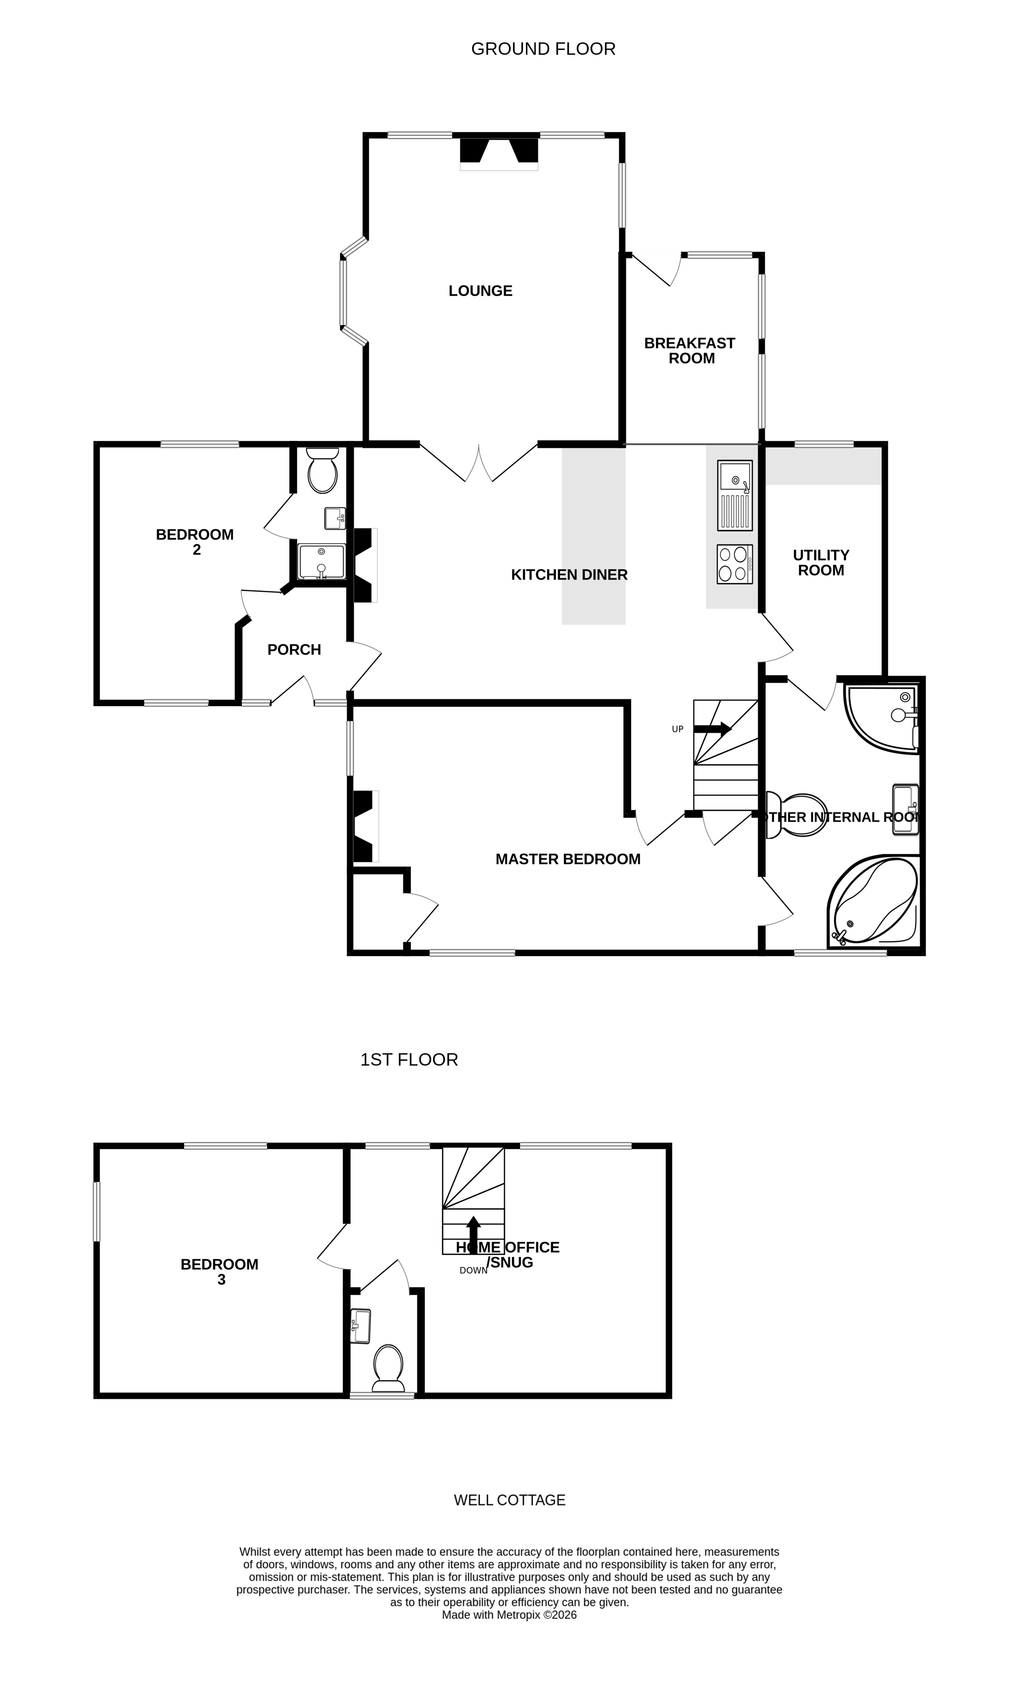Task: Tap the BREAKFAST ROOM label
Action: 690,351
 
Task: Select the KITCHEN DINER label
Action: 569,575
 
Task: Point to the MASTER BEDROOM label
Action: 567,859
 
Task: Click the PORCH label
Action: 294,649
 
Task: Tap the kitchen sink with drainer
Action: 735,495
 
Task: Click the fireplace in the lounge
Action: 498,152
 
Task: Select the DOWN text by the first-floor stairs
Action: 473,1270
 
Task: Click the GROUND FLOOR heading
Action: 543,49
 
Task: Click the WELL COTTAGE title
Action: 509,1500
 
